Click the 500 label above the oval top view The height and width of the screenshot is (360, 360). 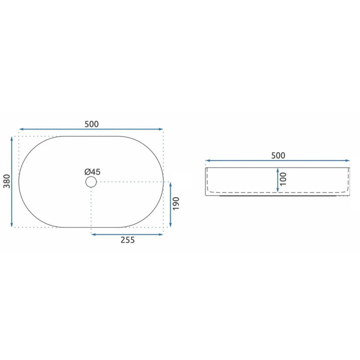[x=91, y=124]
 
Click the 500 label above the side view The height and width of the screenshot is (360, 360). [x=278, y=155]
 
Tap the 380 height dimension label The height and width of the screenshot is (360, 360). [x=7, y=181]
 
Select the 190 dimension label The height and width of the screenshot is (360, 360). [x=175, y=203]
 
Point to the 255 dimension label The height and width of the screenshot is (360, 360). [x=127, y=240]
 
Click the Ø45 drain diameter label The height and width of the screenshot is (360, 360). [x=92, y=171]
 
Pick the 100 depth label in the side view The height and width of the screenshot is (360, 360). [x=283, y=179]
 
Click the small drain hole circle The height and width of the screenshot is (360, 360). [x=91, y=182]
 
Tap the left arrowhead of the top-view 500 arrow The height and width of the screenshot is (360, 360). [x=21, y=129]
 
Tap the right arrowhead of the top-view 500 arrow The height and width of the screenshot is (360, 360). [x=160, y=129]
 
